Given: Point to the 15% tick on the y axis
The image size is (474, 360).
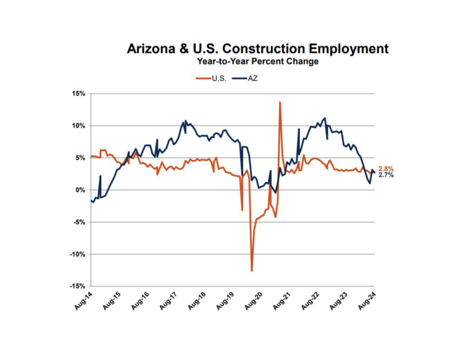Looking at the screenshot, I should coord(78,94).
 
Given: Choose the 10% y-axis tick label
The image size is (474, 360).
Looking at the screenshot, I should coord(78,126).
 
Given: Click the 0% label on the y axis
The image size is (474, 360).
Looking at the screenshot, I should coord(81,190).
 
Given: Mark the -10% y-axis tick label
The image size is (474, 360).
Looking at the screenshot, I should coord(77,254).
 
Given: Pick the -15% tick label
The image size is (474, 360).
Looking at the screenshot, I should coord(77,287).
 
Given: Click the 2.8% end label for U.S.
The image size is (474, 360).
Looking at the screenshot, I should coord(386,169).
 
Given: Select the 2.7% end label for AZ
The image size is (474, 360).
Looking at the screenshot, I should coord(386,176).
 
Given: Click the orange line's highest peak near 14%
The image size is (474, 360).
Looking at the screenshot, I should coord(280,103).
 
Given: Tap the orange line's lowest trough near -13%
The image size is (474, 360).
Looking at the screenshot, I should coord(252,270).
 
